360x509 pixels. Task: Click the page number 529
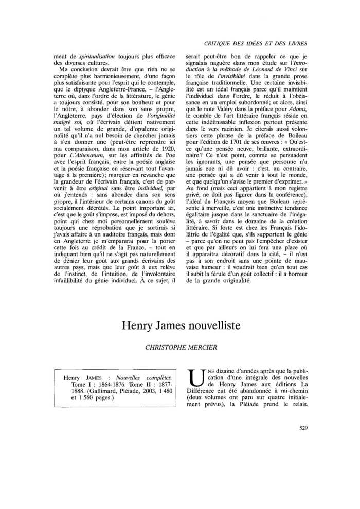(x=302, y=427)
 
